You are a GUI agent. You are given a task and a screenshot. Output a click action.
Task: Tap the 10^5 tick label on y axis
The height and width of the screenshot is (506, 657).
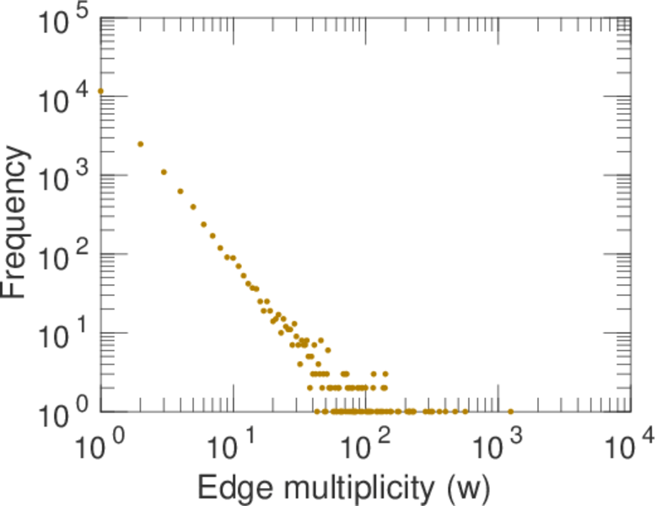point(59,24)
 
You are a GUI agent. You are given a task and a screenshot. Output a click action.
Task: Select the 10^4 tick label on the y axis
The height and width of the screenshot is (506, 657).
point(59,103)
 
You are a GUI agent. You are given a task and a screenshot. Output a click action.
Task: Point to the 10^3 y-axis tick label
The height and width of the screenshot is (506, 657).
point(59,181)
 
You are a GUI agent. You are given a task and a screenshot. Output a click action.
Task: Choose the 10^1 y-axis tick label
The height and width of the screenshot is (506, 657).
point(59,339)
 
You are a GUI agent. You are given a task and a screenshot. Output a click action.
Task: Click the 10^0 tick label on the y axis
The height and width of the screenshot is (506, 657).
point(59,415)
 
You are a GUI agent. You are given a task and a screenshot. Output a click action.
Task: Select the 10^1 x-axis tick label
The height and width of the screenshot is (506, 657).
point(234,447)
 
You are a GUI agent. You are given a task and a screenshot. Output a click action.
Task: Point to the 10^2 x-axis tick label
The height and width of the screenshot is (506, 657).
point(366,447)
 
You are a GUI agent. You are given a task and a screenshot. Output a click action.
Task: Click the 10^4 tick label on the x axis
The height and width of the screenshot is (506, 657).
point(631,447)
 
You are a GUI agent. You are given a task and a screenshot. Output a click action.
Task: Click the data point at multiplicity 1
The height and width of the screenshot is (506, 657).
point(101,90)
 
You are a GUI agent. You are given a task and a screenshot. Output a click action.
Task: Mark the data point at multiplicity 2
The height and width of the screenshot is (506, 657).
point(141,144)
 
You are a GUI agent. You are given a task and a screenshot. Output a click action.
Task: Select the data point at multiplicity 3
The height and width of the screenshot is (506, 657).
point(164,172)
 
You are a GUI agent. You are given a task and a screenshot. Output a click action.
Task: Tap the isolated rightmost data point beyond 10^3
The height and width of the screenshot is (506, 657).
point(511,412)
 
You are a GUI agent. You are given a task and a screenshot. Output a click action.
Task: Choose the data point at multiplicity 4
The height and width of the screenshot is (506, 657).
point(180,191)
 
